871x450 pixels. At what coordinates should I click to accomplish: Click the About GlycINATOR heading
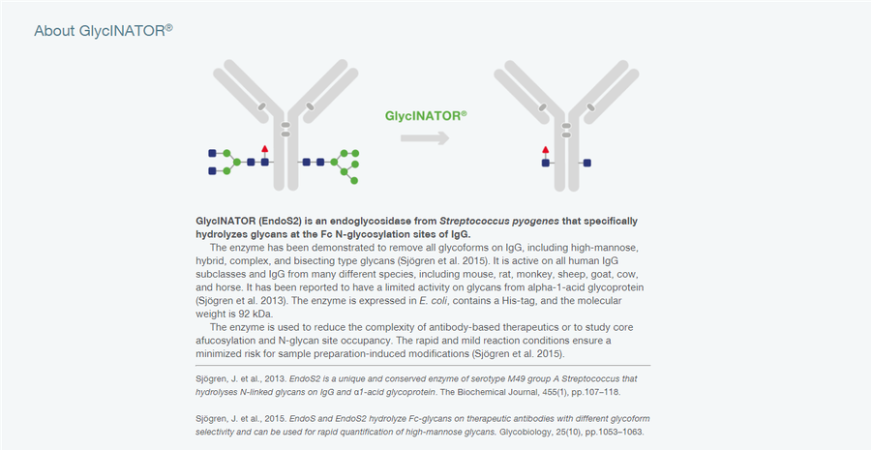tap(104, 31)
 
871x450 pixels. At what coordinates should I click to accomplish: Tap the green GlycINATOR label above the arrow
tap(426, 116)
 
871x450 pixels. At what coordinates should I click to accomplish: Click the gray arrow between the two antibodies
tap(425, 137)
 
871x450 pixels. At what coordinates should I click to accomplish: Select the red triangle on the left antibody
tap(265, 149)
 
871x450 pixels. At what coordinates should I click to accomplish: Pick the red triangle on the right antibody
tap(546, 149)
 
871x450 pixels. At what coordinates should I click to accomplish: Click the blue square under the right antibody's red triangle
tap(546, 163)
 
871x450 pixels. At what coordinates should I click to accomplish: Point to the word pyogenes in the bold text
tap(535, 221)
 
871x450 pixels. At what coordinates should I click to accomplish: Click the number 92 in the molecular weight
tap(239, 314)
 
